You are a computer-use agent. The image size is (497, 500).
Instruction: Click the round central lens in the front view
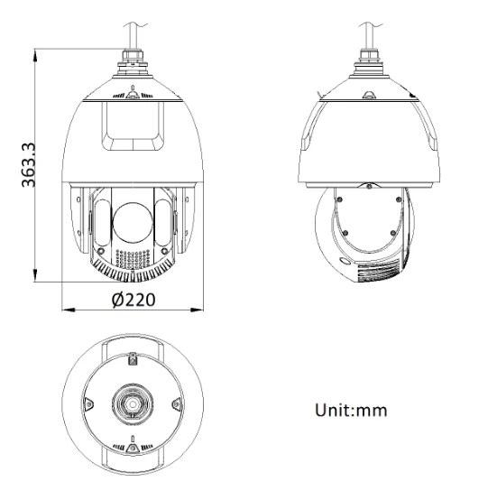pyautogui.click(x=133, y=221)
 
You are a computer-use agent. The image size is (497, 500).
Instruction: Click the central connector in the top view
pyautogui.click(x=133, y=404)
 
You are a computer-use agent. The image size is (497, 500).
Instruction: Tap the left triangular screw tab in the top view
pyautogui.click(x=88, y=403)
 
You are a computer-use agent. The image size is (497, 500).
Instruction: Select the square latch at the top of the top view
pyautogui.click(x=133, y=360)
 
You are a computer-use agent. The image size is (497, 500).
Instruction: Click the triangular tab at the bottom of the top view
pyautogui.click(x=133, y=446)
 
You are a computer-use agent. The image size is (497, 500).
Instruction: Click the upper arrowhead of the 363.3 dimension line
pyautogui.click(x=36, y=52)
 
